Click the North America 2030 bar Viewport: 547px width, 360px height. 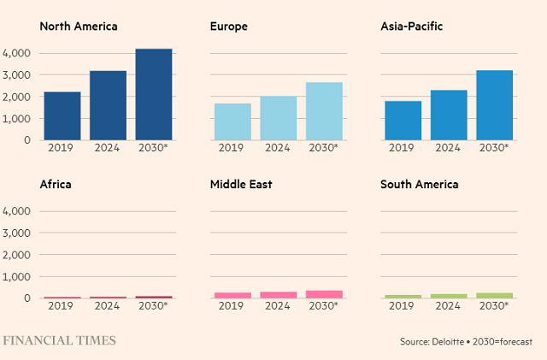point(154,94)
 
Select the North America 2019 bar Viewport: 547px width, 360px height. point(62,115)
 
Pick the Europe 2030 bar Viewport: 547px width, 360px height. point(324,111)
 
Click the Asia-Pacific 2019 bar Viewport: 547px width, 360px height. point(403,121)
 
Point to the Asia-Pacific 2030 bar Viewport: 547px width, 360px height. point(494,105)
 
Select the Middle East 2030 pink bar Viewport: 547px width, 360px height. point(324,294)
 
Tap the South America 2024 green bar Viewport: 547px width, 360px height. point(449,296)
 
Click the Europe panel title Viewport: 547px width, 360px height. point(229,27)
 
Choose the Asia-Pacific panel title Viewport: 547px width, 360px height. point(411,27)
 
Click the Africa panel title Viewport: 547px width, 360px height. point(55,184)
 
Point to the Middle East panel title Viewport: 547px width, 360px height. point(241,184)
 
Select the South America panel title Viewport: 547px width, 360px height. point(420,184)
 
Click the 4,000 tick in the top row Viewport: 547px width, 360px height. point(17,53)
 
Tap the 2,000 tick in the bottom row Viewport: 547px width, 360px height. point(17,255)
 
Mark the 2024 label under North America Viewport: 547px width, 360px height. point(108,148)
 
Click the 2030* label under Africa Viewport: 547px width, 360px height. point(153,306)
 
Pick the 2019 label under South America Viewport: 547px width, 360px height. point(403,306)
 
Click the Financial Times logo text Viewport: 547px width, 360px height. point(59,340)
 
